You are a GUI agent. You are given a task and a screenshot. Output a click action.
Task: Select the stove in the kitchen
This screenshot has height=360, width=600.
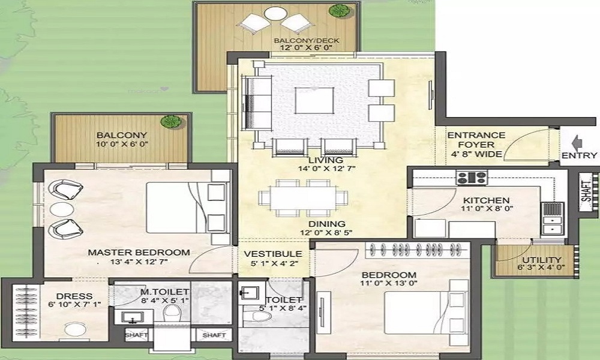(x=472, y=177)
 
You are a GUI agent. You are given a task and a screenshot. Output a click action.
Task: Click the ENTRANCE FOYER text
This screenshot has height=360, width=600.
(x=476, y=140)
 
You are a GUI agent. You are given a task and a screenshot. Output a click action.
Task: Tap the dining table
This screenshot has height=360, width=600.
(x=303, y=197)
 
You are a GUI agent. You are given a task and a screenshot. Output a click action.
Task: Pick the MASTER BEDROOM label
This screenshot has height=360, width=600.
(x=139, y=253)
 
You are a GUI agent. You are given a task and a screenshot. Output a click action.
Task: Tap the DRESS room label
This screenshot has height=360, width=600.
(x=74, y=296)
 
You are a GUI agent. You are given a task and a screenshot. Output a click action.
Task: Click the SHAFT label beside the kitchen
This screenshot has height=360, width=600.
(x=586, y=187)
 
